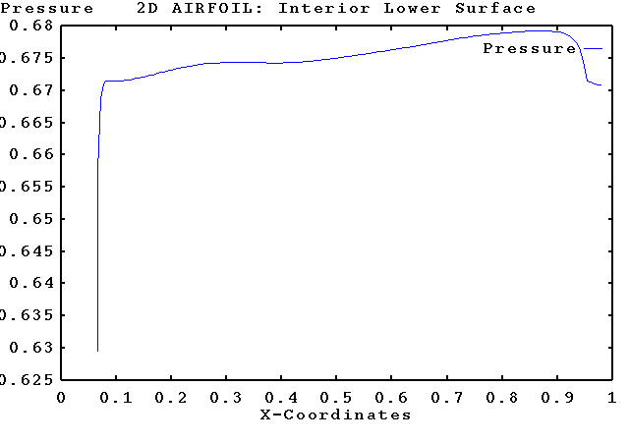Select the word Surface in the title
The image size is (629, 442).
click(x=499, y=8)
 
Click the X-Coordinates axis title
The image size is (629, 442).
click(x=336, y=414)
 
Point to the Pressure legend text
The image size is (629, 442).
click(x=529, y=48)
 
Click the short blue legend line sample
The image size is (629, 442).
click(x=593, y=48)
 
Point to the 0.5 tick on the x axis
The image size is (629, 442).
click(x=336, y=398)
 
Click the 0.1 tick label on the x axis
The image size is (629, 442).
click(x=116, y=398)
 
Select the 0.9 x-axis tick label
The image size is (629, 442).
click(x=556, y=398)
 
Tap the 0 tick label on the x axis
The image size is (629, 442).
click(x=61, y=398)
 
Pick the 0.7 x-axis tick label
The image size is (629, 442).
click(x=446, y=398)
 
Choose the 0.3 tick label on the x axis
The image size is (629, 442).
click(x=226, y=398)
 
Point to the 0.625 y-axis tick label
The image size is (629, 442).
click(x=25, y=379)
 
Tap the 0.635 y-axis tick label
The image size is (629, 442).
click(x=25, y=315)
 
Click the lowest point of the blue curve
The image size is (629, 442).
click(x=97, y=351)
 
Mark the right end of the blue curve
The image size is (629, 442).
click(x=600, y=85)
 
